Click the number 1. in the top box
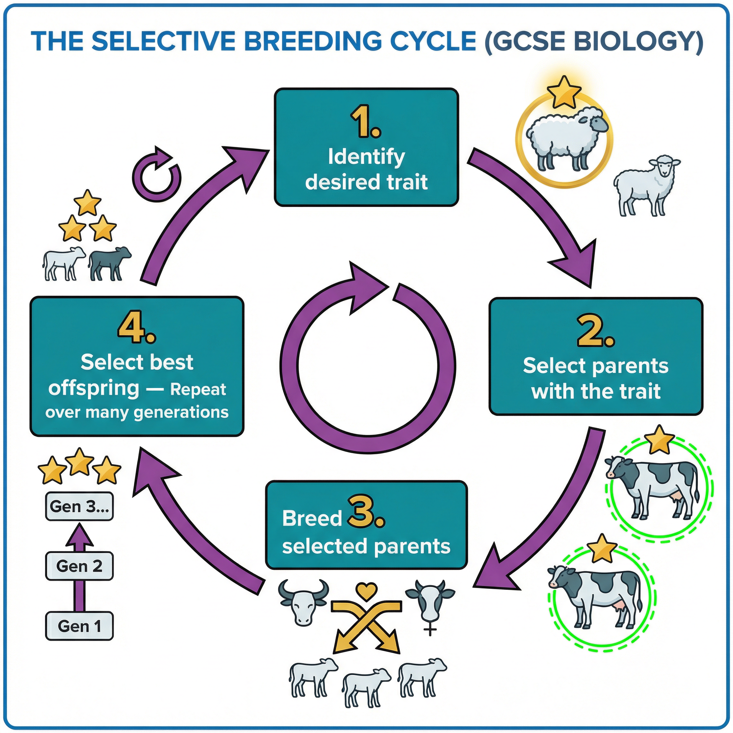[x=365, y=121]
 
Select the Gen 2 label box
[x=79, y=566]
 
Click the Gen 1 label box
[x=79, y=626]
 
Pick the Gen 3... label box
[x=79, y=506]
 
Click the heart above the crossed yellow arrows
[x=366, y=592]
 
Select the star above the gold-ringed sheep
[x=564, y=92]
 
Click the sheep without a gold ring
[x=645, y=186]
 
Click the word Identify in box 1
[x=366, y=157]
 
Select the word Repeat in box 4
[x=198, y=390]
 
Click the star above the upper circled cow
[x=659, y=440]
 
